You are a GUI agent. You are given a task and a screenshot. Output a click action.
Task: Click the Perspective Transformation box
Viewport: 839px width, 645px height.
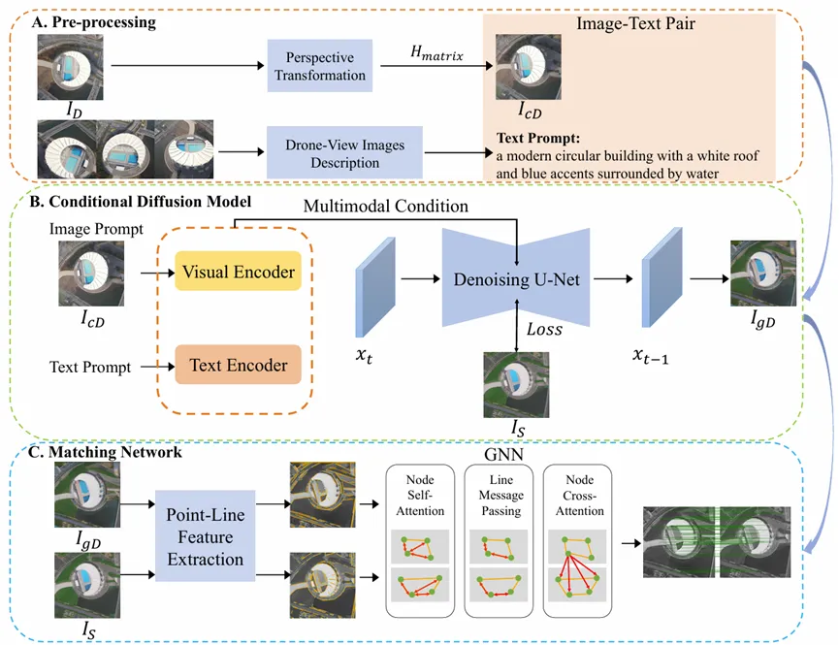pos(320,66)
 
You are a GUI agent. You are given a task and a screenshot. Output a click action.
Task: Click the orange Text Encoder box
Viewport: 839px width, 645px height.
pos(239,366)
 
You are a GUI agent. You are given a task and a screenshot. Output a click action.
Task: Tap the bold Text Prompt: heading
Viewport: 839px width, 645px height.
pos(538,137)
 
